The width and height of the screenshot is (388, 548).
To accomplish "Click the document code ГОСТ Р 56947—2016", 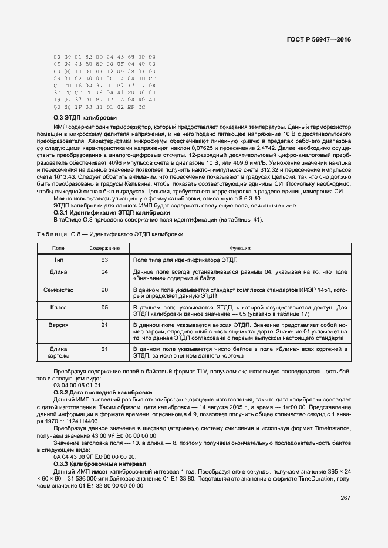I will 319,39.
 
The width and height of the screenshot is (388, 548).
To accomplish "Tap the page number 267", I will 345,498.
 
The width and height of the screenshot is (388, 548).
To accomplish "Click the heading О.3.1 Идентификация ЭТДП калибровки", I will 104,212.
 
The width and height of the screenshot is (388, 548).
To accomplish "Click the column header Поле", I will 58,248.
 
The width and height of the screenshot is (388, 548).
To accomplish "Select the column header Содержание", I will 104,248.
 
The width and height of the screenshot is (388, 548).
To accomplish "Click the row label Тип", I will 58,259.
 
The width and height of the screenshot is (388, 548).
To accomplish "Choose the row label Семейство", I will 58,290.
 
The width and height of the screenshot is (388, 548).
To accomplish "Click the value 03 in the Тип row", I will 104,259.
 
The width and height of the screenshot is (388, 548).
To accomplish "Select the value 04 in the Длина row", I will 104,272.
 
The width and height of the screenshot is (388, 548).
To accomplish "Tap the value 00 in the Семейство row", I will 104,290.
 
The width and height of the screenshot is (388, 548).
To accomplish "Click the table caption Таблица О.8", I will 110,234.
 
